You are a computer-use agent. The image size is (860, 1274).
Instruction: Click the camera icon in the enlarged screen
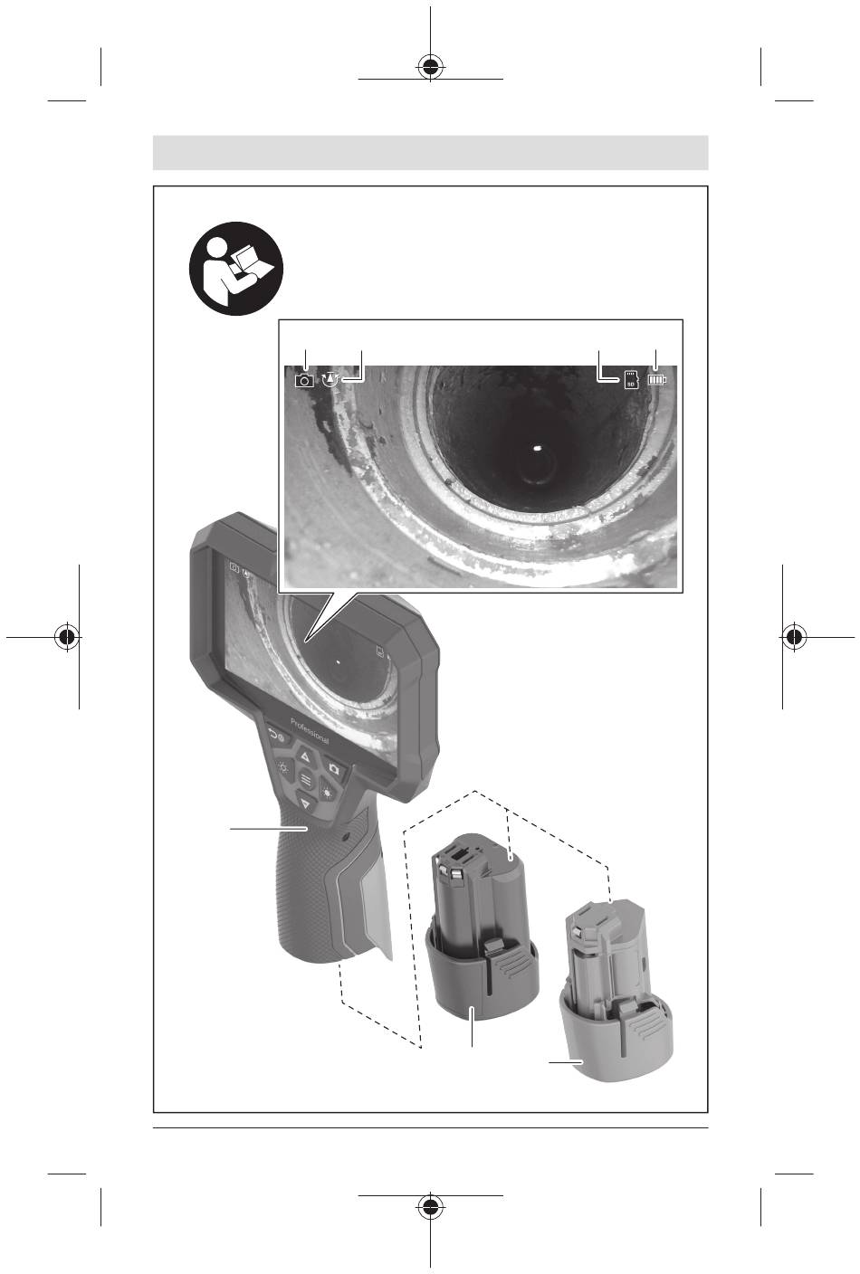(304, 381)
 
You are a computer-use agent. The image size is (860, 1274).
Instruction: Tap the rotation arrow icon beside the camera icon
(330, 379)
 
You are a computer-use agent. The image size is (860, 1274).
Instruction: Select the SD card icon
(631, 379)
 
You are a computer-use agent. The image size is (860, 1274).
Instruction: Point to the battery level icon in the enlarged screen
(657, 379)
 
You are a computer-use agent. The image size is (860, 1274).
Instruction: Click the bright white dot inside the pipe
(538, 448)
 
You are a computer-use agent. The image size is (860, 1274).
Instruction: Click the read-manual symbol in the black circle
(236, 268)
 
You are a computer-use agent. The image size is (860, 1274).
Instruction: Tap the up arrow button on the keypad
(304, 757)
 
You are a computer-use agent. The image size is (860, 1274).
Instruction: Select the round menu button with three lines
(306, 780)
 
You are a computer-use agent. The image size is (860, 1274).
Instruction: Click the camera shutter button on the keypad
(335, 769)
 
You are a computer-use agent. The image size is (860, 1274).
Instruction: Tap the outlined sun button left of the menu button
(282, 768)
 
